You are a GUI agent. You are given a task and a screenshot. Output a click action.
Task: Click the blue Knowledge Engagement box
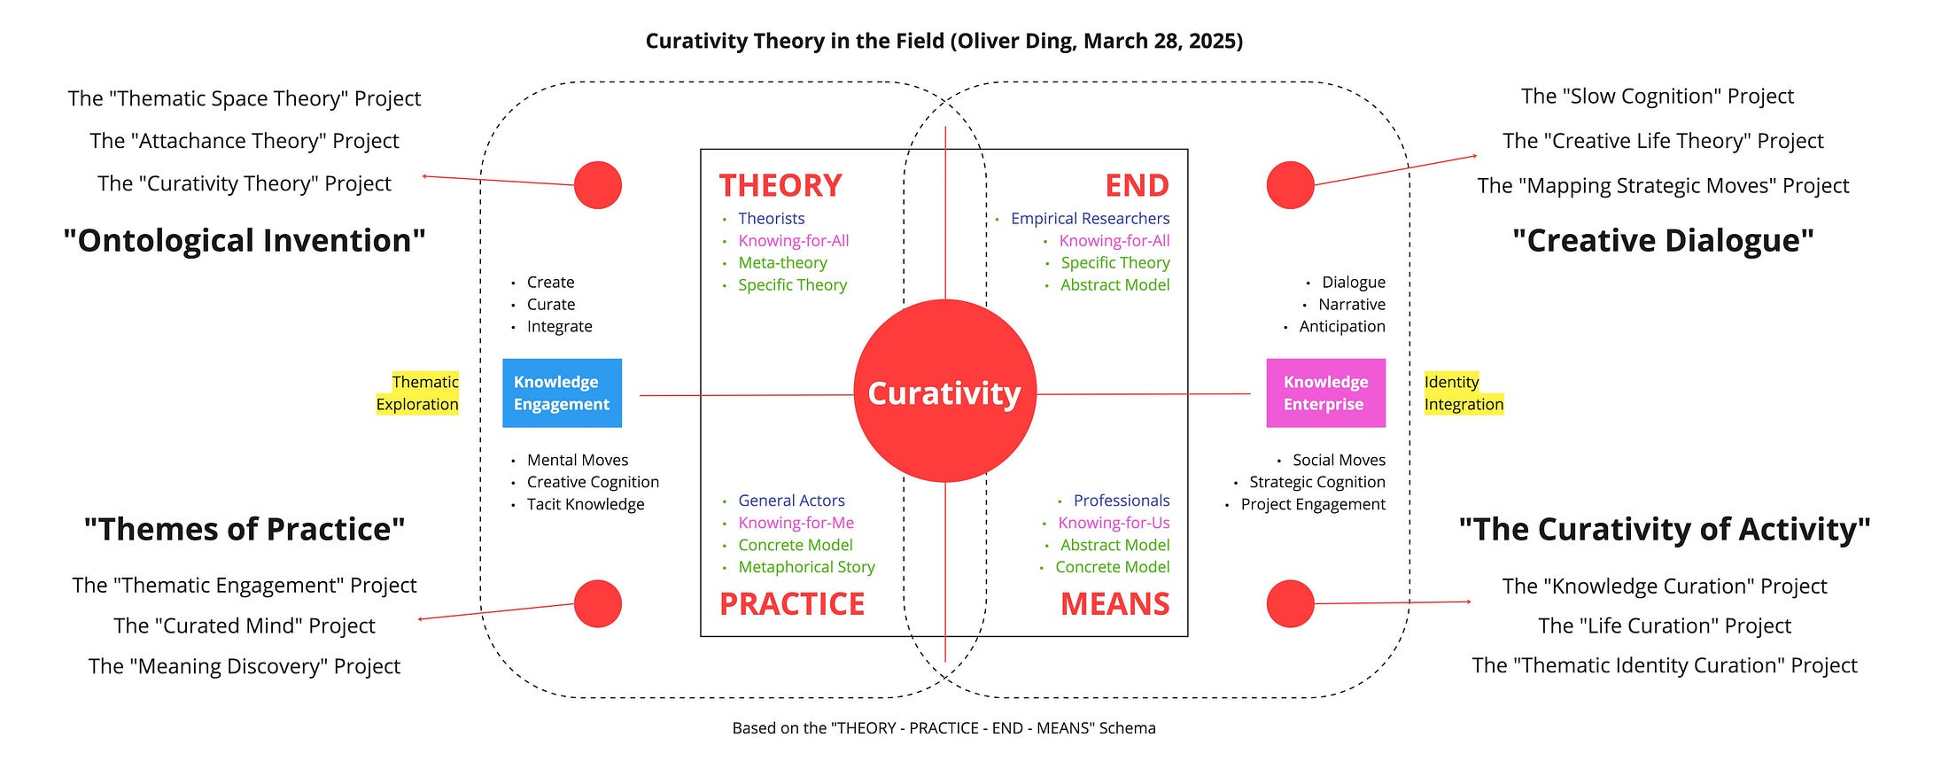point(562,392)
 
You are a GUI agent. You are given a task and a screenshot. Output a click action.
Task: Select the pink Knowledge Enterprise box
point(1325,392)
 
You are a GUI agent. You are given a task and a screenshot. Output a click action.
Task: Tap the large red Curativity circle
point(944,392)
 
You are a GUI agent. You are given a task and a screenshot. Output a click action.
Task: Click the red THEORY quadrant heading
point(780,185)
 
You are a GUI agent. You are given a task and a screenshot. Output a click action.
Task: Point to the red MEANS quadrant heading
point(1114,603)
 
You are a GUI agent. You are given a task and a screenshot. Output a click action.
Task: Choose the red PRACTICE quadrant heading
point(791,603)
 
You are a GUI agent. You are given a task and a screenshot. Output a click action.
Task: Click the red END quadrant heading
point(1137,185)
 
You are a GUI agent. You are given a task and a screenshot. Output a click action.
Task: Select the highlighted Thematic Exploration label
point(418,392)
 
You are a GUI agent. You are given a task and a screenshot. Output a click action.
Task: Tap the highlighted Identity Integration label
point(1464,392)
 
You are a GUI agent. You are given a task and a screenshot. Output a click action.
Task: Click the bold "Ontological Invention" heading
point(245,240)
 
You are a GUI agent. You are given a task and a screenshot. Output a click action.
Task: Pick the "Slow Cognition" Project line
point(1657,96)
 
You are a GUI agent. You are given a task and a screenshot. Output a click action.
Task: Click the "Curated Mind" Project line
point(245,625)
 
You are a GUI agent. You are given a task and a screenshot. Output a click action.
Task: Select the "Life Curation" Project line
point(1665,625)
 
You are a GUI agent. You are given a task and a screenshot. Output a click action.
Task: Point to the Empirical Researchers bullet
point(1090,218)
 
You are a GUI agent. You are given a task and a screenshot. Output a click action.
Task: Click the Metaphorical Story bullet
point(806,567)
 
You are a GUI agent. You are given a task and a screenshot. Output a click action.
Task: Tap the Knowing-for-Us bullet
point(1114,523)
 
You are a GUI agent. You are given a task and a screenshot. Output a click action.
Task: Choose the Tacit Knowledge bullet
point(586,504)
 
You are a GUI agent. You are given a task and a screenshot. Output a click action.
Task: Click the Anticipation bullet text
point(1341,326)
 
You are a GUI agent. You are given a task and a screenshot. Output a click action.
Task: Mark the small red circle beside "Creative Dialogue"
point(1290,185)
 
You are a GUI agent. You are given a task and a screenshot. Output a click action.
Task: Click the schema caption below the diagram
point(943,728)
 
